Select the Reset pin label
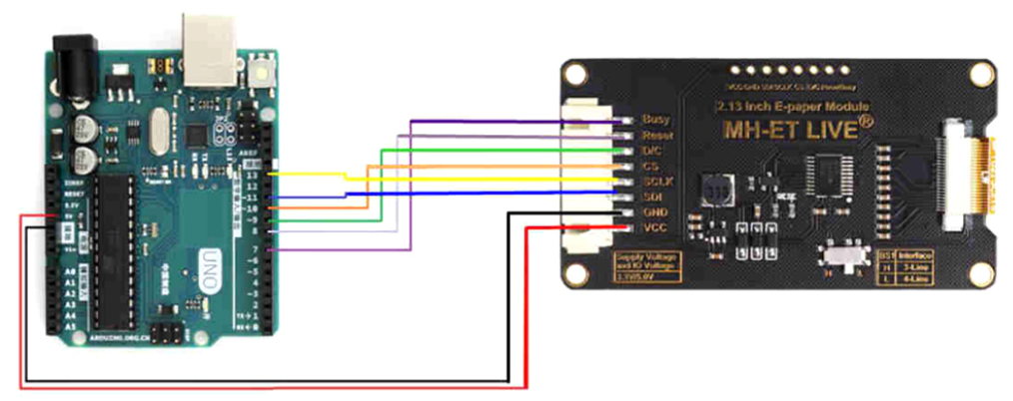656,135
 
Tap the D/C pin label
653,150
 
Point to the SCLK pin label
656,181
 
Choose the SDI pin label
652,197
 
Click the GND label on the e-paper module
654,212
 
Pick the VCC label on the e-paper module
654,228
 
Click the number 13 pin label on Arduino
251,174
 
